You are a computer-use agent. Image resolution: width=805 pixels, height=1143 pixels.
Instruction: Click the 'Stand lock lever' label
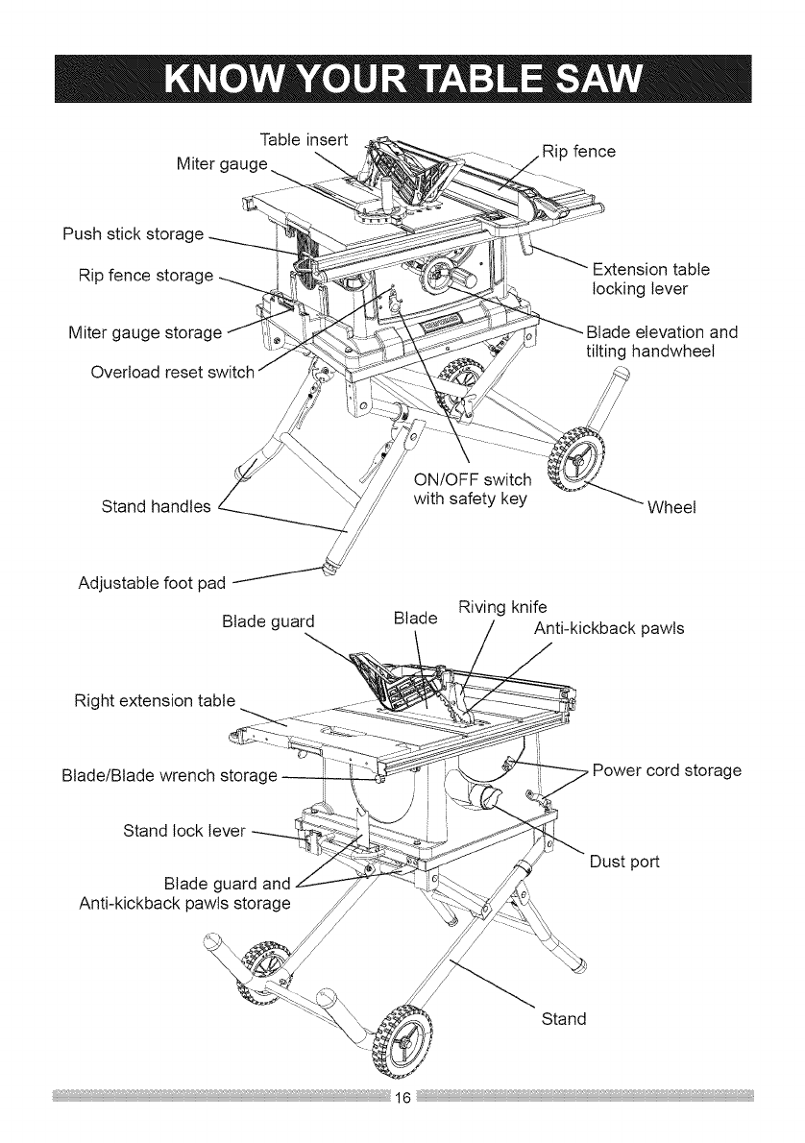pos(184,828)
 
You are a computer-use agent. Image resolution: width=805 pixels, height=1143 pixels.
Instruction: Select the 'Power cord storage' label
pos(667,770)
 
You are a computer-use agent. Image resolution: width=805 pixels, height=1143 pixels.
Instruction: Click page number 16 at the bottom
pos(402,1098)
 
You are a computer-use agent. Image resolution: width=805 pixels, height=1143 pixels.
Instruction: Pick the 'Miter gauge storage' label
pos(145,332)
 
